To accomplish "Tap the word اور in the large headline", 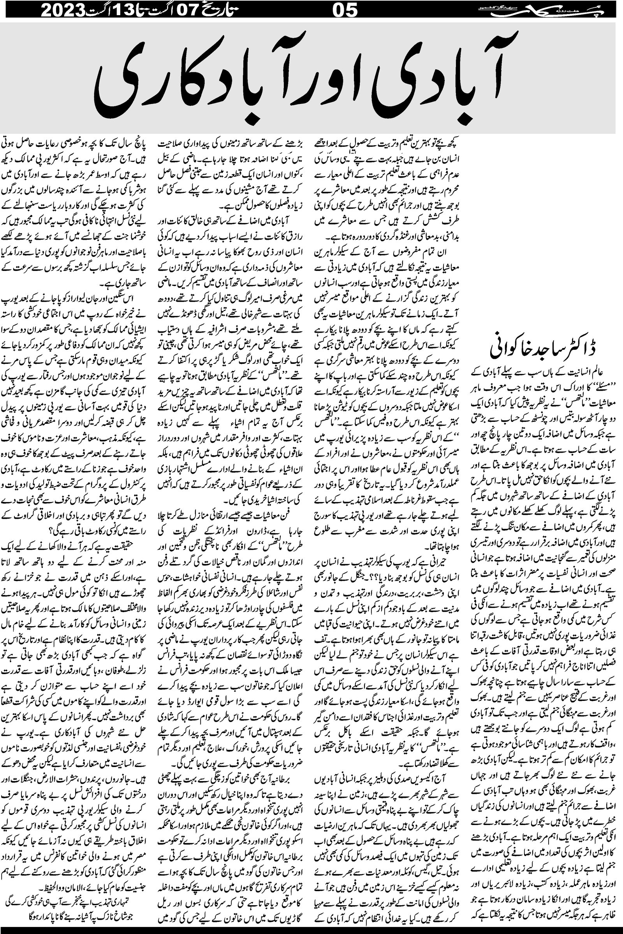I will click(342, 79).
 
